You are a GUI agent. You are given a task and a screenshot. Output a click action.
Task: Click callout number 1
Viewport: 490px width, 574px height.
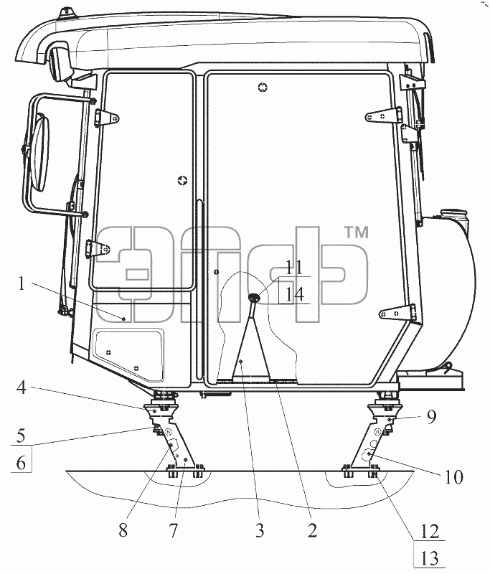pyautogui.click(x=22, y=283)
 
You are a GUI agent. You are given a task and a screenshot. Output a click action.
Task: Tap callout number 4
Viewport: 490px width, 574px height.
pyautogui.click(x=22, y=387)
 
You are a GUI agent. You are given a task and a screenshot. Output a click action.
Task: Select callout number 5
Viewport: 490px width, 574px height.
pyautogui.click(x=22, y=436)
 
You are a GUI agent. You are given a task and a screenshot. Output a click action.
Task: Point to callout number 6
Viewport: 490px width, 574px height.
pyautogui.click(x=22, y=463)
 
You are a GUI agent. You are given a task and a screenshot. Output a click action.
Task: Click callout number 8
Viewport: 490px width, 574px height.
pyautogui.click(x=123, y=530)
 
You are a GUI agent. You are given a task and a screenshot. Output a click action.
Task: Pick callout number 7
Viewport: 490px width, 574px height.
pyautogui.click(x=173, y=530)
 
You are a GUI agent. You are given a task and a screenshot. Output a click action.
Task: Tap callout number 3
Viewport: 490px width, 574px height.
pyautogui.click(x=260, y=530)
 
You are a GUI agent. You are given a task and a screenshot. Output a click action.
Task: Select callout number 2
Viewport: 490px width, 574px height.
pyautogui.click(x=312, y=530)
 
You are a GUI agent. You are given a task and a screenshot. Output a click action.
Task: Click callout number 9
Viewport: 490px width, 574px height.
pyautogui.click(x=432, y=417)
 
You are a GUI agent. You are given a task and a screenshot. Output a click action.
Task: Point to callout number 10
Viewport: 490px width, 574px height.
pyautogui.click(x=454, y=476)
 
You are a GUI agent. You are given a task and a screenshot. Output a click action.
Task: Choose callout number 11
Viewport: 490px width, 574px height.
pyautogui.click(x=295, y=268)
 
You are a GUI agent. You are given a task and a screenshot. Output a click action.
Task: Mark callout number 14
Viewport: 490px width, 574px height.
pyautogui.click(x=295, y=294)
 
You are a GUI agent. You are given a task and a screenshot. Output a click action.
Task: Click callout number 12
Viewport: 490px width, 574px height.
pyautogui.click(x=430, y=531)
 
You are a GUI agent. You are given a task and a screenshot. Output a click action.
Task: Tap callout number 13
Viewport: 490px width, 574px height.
pyautogui.click(x=430, y=558)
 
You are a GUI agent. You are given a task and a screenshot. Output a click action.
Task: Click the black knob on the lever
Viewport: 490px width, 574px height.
pyautogui.click(x=254, y=298)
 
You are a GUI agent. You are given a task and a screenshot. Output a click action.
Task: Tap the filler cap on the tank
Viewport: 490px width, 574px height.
pyautogui.click(x=454, y=214)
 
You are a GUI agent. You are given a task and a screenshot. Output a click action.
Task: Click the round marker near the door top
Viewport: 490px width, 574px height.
pyautogui.click(x=263, y=87)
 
